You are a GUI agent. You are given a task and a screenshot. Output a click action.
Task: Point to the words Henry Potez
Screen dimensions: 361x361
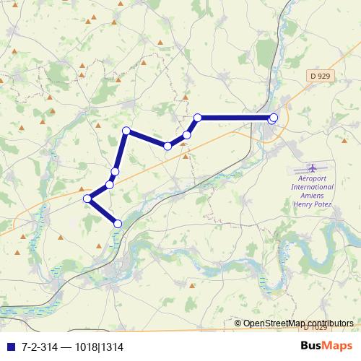312,204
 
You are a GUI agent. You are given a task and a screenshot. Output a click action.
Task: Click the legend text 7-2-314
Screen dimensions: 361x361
39,347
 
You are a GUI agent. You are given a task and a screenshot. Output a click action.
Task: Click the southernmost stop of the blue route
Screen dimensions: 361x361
118,224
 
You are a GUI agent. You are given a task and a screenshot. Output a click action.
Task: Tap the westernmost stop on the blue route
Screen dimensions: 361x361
87,198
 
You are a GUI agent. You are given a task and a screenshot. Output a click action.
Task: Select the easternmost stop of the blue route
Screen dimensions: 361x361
273,118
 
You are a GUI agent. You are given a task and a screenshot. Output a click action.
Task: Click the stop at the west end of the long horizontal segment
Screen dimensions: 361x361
197,117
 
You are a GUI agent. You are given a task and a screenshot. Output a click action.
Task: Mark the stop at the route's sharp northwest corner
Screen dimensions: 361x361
126,131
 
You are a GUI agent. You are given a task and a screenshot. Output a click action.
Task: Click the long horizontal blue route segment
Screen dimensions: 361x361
235,117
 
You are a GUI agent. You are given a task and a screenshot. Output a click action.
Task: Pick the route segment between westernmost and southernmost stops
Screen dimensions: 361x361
102,211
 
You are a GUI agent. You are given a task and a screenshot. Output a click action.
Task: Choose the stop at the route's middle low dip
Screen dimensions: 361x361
168,146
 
